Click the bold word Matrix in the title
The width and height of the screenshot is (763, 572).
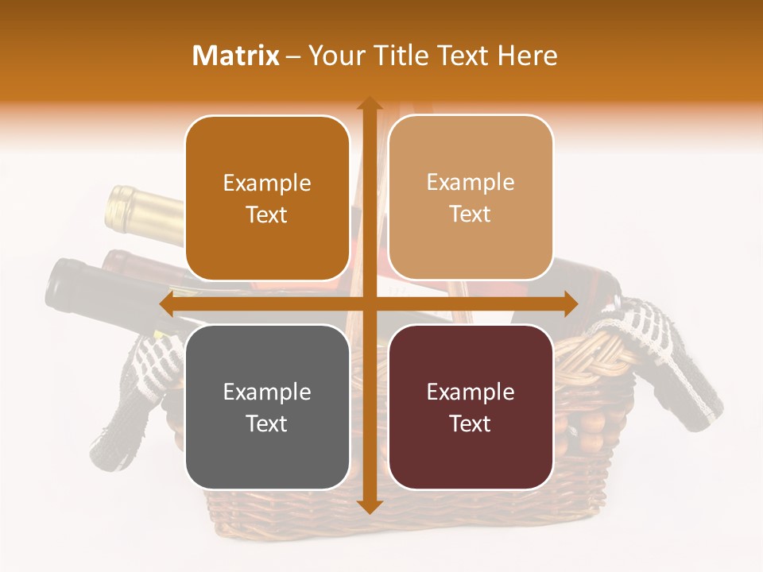coord(236,56)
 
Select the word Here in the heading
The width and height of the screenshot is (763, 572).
coord(528,56)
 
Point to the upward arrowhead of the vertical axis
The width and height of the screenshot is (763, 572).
coord(369,105)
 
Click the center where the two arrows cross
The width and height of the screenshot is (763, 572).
coord(369,303)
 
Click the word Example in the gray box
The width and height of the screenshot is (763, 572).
coord(267,392)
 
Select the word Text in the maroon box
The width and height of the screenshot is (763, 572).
coord(471,423)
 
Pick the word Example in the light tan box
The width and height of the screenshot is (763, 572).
coord(471,182)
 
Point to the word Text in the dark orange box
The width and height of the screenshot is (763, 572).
coord(267,214)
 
